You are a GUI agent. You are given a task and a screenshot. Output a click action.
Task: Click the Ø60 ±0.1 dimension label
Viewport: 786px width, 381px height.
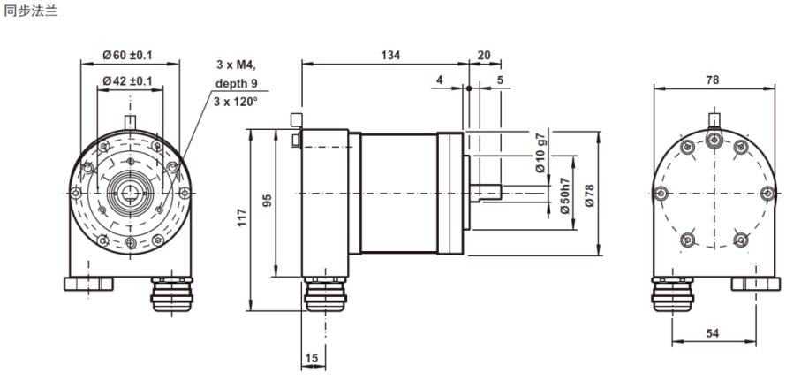click(127, 55)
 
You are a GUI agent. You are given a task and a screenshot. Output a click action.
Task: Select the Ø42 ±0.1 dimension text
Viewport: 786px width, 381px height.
click(127, 80)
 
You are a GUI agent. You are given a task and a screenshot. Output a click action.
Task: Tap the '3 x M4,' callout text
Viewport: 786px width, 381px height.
click(236, 65)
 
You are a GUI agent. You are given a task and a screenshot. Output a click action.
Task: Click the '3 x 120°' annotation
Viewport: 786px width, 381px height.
click(236, 101)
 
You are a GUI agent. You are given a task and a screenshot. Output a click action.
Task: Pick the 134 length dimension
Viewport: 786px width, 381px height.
click(390, 55)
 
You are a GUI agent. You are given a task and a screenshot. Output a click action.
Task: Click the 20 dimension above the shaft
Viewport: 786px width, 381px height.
click(484, 55)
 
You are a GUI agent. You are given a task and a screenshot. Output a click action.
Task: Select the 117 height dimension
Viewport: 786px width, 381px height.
click(243, 217)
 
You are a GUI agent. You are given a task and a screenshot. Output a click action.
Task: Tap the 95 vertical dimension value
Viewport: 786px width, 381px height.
click(268, 201)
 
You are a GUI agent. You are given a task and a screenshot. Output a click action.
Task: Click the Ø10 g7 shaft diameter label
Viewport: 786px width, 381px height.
click(540, 153)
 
